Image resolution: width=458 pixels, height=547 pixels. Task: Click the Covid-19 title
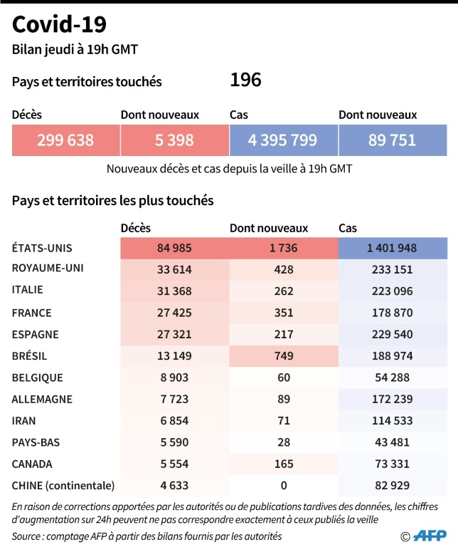point(60,24)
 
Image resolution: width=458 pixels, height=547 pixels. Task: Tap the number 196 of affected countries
point(245,80)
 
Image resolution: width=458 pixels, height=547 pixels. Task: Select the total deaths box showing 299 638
point(65,140)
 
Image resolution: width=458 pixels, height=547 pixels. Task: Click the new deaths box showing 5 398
point(174,140)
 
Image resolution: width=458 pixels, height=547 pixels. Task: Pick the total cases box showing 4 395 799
point(283,140)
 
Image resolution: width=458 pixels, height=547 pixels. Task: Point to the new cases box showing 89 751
point(392,140)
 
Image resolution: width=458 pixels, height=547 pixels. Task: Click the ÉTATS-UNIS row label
point(43,248)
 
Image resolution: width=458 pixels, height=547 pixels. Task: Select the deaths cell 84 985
point(174,248)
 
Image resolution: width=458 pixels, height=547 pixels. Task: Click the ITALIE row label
point(28,290)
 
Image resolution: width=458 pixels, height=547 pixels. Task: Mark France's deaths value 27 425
point(174,313)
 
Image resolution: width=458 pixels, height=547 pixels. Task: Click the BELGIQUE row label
point(38,377)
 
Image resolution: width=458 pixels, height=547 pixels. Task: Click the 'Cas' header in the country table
point(348,229)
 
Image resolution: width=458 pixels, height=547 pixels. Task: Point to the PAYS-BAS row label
point(36,442)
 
